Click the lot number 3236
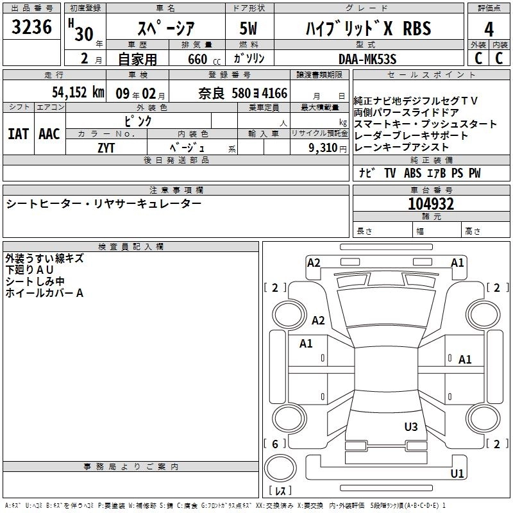pos(31,28)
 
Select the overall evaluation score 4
pos(489,29)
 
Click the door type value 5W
pos(249,29)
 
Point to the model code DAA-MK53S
pos(367,59)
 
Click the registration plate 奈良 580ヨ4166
pos(243,94)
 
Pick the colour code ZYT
pos(106,147)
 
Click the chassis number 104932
pos(431,205)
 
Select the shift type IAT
pos(18,134)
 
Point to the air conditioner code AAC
pos(49,134)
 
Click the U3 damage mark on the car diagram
pos(411,426)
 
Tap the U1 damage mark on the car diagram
pos(457,474)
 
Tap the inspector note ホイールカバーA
pos(44,293)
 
